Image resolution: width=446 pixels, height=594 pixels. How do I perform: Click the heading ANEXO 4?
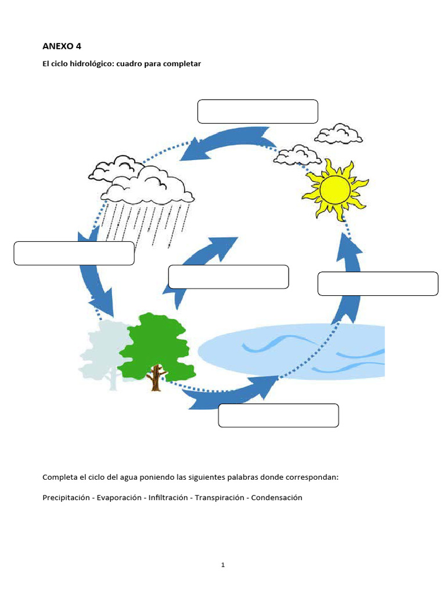point(62,46)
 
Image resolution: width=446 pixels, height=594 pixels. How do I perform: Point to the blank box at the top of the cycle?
point(257,111)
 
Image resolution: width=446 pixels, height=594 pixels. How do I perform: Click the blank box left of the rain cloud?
point(74,253)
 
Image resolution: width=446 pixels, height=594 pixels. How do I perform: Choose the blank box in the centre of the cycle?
point(228,277)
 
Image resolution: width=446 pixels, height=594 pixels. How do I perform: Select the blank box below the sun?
point(377,284)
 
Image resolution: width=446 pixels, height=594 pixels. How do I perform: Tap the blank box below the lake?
point(278,415)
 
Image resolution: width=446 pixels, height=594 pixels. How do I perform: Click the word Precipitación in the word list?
point(67,498)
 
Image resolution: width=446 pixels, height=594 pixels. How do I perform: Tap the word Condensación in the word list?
point(277,498)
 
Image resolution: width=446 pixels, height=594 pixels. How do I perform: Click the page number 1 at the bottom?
point(223,565)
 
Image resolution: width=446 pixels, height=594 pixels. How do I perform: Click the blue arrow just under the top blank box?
point(226,142)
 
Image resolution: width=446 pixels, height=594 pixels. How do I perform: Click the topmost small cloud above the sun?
point(339,134)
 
